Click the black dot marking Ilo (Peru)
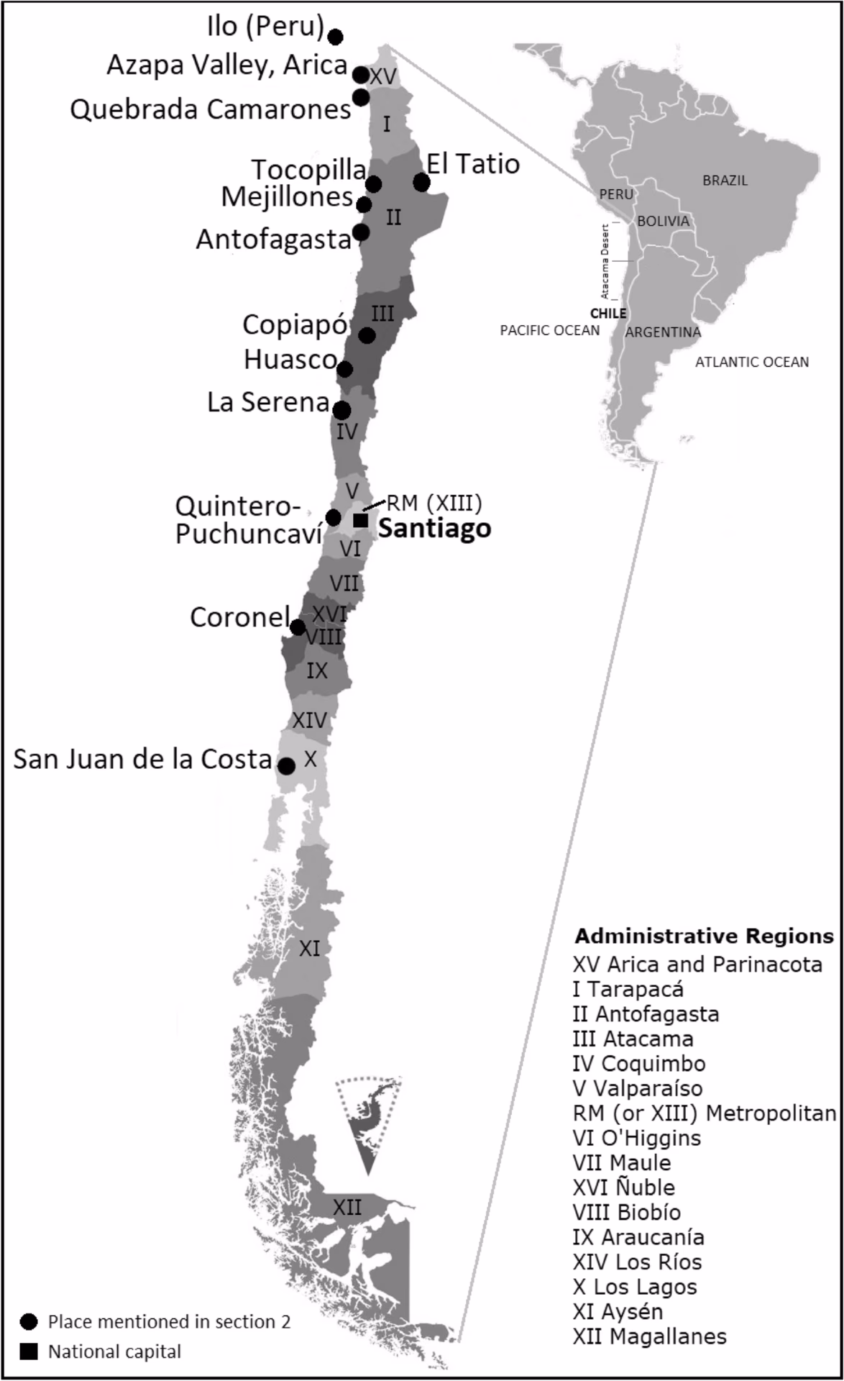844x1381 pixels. (335, 37)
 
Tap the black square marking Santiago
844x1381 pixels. (361, 520)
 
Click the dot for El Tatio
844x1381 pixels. (422, 183)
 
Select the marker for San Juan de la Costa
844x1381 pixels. (287, 766)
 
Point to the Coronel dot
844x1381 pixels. (297, 628)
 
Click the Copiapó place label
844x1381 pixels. (295, 325)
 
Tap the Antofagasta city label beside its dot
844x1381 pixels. (273, 240)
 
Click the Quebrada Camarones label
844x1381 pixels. (211, 109)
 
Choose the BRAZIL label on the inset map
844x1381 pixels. (725, 181)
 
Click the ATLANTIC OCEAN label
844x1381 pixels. (751, 363)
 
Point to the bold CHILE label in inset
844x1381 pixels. (608, 314)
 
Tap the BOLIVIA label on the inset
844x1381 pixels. (663, 221)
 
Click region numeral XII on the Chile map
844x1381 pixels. (347, 1207)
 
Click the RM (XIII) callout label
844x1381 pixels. (434, 502)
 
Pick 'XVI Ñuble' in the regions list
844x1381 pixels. (624, 1187)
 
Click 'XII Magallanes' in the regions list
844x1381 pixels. (649, 1336)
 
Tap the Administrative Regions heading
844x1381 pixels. (704, 936)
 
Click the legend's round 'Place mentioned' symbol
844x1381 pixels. (29, 1321)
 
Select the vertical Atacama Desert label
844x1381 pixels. (605, 262)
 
